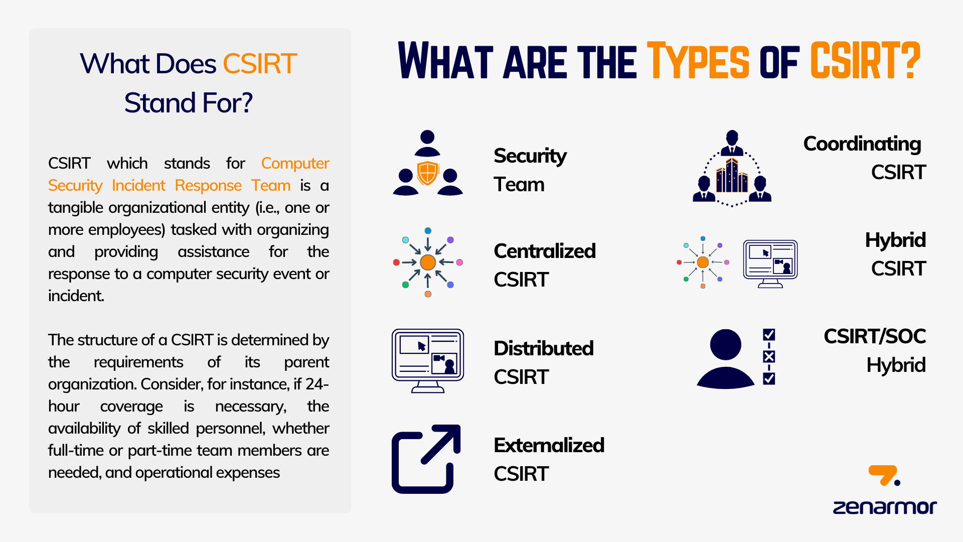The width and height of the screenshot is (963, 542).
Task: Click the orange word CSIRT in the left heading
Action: coord(260,64)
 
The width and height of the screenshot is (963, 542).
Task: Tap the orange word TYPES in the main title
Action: coord(698,61)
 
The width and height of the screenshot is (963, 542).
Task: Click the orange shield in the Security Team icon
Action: coord(428,173)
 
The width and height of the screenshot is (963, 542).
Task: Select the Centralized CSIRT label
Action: coord(545,265)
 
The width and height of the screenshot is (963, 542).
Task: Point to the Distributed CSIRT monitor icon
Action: coord(428,361)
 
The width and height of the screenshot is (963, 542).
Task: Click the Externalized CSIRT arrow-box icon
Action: coord(426,459)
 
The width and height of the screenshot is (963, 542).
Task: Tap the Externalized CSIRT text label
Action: coord(549,459)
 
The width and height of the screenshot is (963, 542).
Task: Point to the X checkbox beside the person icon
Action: coord(769,356)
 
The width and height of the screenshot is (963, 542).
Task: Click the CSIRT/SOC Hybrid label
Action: coord(875,350)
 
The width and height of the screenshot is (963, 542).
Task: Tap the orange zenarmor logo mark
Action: coord(884,475)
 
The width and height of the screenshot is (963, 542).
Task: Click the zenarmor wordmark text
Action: coord(885,507)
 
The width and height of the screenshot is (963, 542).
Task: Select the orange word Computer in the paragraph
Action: coord(295,163)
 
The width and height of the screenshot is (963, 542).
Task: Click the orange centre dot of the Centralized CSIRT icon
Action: coord(428,262)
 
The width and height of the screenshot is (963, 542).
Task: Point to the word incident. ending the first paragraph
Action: coord(76,296)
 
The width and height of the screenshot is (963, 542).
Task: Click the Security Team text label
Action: coord(530,170)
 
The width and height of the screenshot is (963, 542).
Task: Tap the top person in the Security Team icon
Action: coord(427,144)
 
